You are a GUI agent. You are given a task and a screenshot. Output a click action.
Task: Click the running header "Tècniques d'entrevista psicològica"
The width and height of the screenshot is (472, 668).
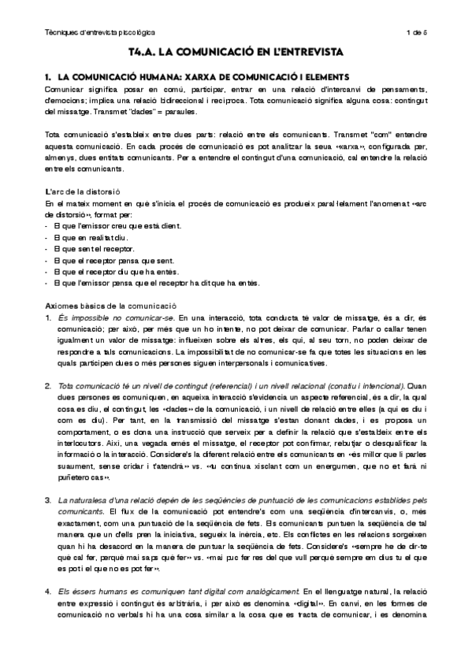(100, 32)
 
